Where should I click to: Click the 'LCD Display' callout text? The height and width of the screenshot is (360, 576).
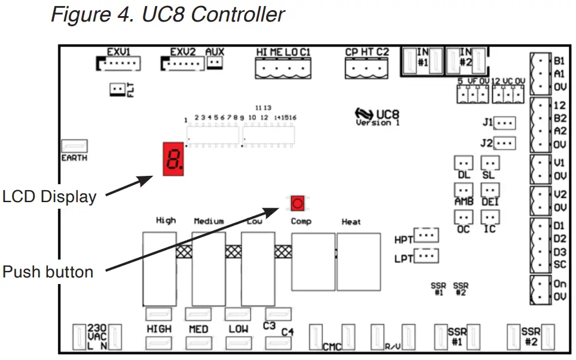tap(49, 197)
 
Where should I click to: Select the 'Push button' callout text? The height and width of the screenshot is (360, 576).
tap(48, 272)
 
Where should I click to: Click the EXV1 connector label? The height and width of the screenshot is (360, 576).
tap(118, 52)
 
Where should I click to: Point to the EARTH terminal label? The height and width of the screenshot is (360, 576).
tap(74, 158)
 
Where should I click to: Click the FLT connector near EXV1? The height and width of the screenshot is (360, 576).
tap(117, 90)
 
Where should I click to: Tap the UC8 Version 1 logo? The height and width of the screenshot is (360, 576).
tap(377, 116)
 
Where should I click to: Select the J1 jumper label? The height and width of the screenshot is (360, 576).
tap(487, 123)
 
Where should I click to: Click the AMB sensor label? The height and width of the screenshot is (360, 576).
tap(464, 202)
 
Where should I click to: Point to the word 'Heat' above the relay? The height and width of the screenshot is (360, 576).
tap(351, 222)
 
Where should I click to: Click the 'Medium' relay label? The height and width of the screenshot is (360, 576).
tap(209, 221)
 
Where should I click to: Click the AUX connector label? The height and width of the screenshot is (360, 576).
tap(214, 52)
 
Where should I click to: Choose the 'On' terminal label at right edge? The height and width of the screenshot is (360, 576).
tap(559, 285)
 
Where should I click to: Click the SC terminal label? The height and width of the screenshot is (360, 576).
tap(559, 264)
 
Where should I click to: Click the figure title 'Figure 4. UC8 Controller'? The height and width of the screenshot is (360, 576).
tap(168, 14)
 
